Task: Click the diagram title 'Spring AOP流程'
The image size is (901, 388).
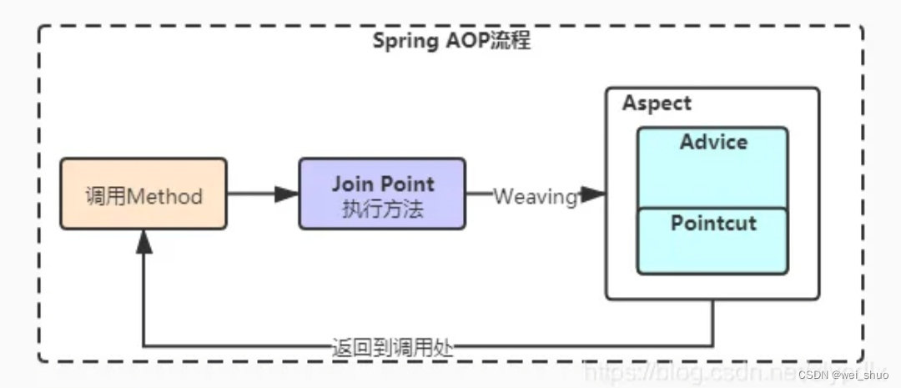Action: (450, 41)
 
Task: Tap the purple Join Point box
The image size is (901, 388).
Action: (382, 194)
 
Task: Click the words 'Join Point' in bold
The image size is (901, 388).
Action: (383, 184)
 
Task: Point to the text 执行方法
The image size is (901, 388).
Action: (383, 209)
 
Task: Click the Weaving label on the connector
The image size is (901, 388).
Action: (535, 197)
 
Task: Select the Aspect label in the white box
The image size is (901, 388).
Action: (657, 103)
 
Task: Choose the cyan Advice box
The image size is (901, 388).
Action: (712, 167)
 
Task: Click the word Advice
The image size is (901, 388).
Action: (713, 142)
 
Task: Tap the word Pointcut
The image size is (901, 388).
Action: (713, 224)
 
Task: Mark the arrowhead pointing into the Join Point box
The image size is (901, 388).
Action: (287, 194)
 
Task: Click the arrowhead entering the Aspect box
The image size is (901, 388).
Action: (593, 194)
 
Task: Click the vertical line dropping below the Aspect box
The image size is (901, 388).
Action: (712, 322)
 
